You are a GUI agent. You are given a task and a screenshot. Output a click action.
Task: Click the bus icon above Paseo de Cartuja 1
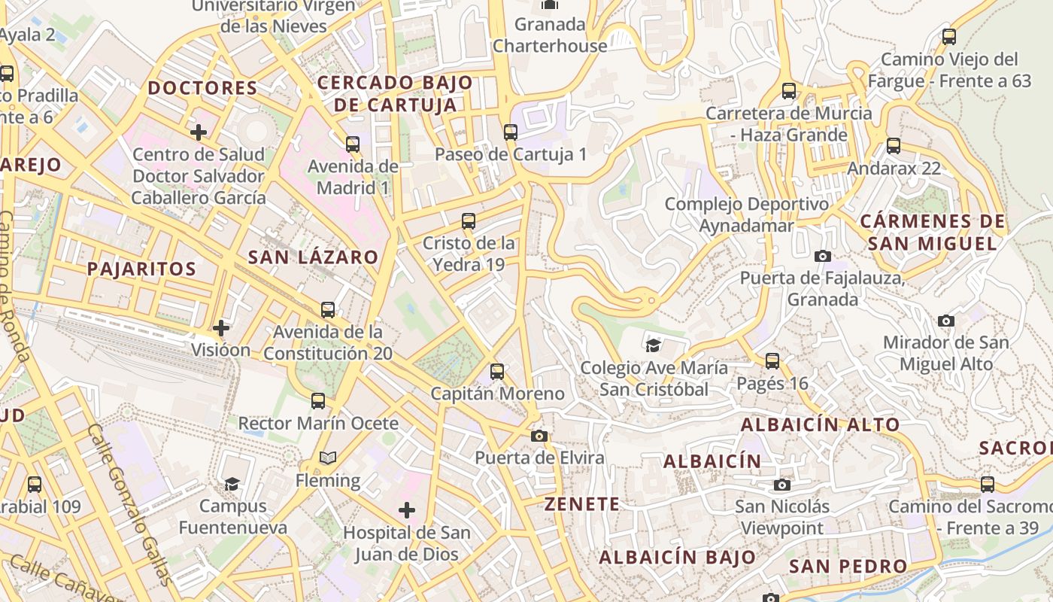511,132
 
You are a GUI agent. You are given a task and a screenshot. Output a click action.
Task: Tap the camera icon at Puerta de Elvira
539,436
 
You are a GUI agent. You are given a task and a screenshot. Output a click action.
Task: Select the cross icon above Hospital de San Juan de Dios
407,511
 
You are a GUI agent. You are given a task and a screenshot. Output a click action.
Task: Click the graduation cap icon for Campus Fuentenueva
232,484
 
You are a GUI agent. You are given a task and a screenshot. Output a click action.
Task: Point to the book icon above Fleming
328,458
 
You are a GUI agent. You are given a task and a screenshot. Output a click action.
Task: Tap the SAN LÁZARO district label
313,257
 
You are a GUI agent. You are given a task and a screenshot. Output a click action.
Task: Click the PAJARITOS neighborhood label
141,269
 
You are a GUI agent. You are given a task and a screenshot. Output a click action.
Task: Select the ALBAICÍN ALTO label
820,424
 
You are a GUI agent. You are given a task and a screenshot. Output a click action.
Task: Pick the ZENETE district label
583,504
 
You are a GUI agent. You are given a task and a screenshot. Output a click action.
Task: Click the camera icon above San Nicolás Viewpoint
782,485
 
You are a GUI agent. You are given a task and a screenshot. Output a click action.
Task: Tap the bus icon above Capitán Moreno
497,372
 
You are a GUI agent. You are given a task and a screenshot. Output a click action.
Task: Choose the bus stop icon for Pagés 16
772,361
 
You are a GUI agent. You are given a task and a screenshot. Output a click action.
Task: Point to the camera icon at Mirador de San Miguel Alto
946,321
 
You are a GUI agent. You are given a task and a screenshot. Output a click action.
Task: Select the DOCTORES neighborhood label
203,88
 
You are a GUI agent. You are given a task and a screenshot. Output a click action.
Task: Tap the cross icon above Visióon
220,328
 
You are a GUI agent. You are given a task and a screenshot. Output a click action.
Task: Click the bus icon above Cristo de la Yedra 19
469,221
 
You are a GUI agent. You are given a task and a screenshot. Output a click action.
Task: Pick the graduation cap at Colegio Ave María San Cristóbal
653,345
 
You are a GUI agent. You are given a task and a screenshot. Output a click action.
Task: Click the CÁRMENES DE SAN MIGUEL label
933,233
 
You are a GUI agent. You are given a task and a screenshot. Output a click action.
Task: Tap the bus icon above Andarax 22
894,146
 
